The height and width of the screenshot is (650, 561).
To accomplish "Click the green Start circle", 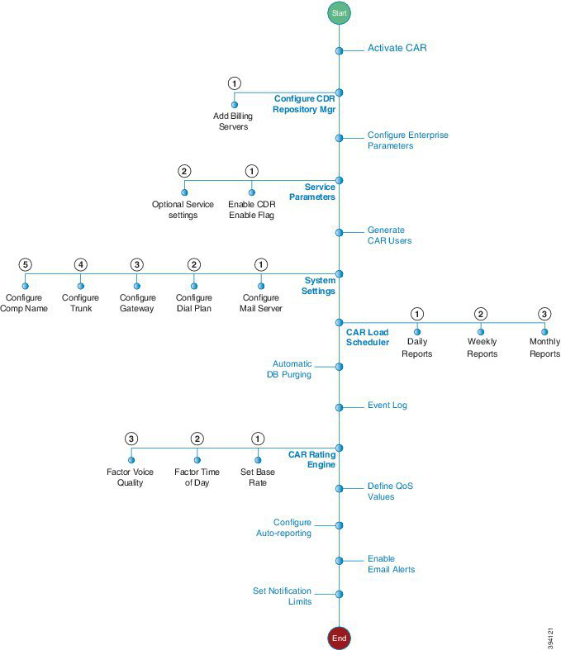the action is click(x=340, y=13).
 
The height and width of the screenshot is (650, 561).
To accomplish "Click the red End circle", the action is click(x=340, y=638).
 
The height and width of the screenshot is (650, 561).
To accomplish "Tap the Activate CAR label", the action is click(x=397, y=48).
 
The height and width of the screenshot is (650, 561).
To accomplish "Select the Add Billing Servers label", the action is click(x=233, y=121).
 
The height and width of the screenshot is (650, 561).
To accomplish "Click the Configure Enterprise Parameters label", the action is click(x=408, y=140).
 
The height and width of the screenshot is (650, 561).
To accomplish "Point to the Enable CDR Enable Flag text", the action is click(x=252, y=210).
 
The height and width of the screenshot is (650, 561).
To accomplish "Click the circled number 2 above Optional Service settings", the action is click(x=184, y=171).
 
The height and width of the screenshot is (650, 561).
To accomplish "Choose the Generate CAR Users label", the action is click(x=389, y=235).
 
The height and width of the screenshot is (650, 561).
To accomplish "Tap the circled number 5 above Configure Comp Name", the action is click(x=26, y=264).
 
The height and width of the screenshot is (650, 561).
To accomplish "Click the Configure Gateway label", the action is click(x=137, y=303).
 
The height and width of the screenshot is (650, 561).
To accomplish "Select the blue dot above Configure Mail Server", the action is click(x=261, y=286).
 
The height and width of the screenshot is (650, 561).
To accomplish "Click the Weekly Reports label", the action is click(x=482, y=348).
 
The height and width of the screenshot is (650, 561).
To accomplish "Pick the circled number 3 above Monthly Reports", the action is click(x=544, y=314).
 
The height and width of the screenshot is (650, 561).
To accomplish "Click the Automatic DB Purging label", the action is click(x=289, y=369).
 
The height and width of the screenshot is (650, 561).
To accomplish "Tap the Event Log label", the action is click(x=387, y=406).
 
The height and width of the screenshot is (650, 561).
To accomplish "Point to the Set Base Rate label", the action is click(x=258, y=477).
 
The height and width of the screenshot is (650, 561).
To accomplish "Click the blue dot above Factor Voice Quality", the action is click(x=131, y=460).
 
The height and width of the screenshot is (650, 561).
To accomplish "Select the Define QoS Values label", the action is click(x=390, y=491).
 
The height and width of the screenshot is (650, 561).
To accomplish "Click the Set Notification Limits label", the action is click(x=282, y=596).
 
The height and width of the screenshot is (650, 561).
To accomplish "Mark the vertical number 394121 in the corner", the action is click(x=550, y=638).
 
